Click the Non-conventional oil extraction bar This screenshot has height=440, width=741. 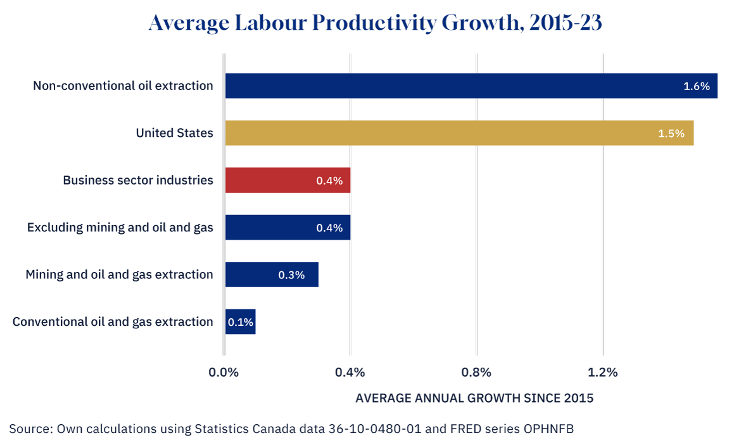click(471, 86)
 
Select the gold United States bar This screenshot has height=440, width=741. click(459, 133)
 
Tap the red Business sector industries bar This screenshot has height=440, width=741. click(288, 180)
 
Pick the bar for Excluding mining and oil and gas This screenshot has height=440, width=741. click(288, 228)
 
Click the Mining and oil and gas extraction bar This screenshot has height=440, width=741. click(272, 275)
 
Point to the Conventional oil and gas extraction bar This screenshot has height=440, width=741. click(241, 321)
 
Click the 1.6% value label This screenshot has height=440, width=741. click(697, 86)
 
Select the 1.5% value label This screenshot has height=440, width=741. click(671, 133)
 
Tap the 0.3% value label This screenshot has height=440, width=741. click(291, 275)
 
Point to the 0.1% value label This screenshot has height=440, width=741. click(241, 322)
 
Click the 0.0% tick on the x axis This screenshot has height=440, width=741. click(224, 372)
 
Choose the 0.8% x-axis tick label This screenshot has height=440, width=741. click(476, 372)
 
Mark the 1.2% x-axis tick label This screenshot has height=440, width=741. click(602, 372)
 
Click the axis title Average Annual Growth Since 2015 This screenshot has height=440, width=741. click(474, 398)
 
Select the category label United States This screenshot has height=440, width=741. click(174, 133)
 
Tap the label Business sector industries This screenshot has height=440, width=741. click(138, 180)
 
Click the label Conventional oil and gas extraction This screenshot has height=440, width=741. click(113, 321)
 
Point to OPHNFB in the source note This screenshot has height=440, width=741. click(548, 429)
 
